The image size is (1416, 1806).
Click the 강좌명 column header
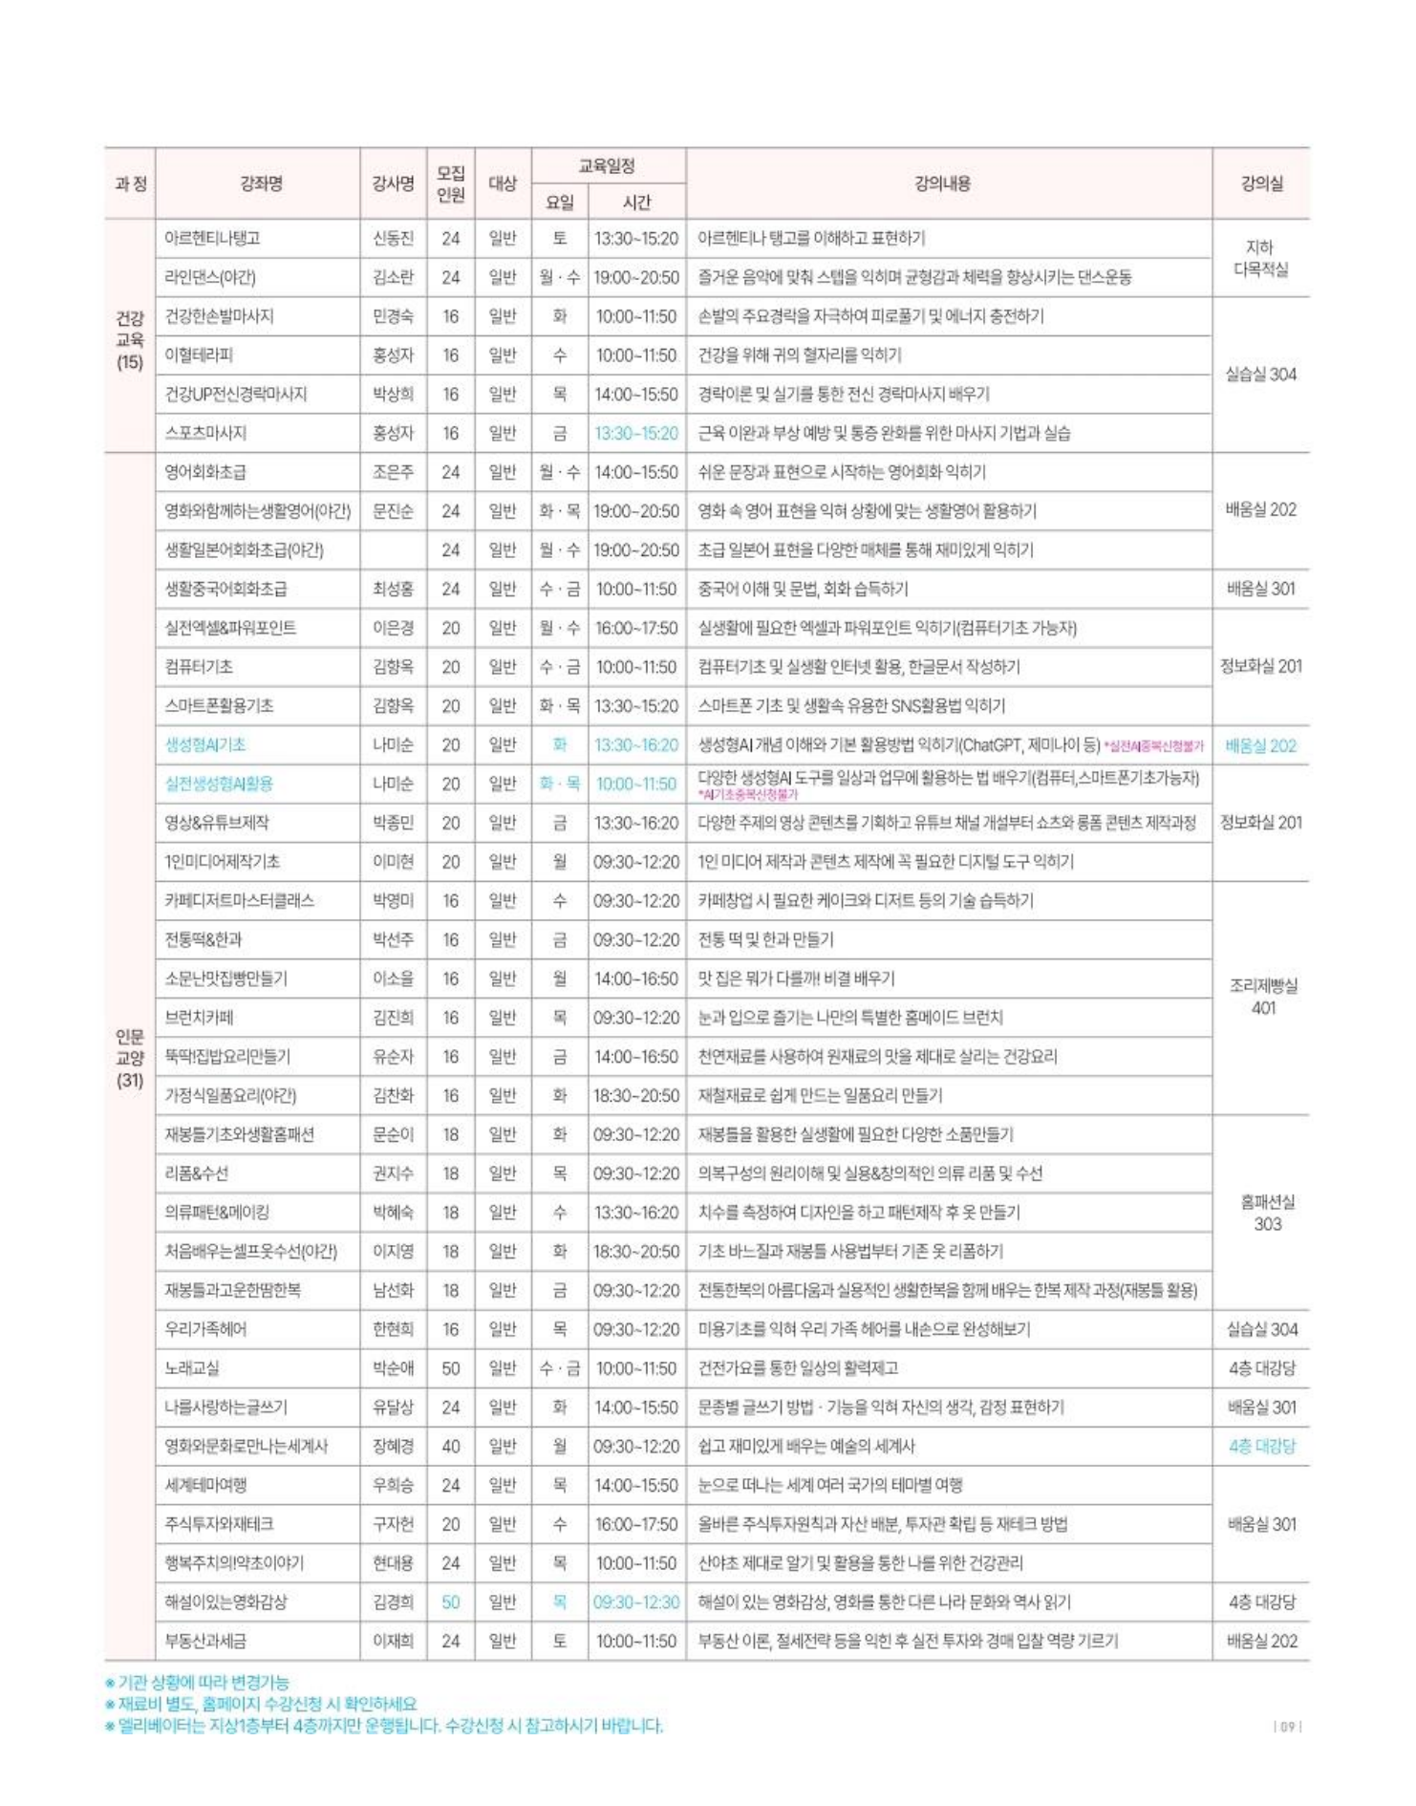261,183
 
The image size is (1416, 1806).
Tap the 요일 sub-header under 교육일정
559,202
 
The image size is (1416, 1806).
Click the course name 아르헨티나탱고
212,239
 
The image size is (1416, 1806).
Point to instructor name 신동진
393,239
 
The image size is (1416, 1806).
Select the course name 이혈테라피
199,355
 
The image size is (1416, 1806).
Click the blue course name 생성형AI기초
205,744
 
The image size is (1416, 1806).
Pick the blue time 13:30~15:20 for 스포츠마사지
635,433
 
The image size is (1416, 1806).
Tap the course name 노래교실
192,1368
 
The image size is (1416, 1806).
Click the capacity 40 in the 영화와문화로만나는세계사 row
451,1446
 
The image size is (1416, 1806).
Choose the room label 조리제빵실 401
1262,997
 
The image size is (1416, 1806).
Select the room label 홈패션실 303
1266,1213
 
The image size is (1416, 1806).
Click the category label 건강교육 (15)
130,339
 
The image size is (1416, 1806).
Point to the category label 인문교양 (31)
130,1058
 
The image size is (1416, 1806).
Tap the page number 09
1288,1726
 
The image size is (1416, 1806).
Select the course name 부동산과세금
205,1641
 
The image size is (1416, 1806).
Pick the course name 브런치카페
199,1018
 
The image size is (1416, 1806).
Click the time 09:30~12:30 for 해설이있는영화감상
635,1602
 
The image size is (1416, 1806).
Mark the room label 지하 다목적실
1261,258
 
